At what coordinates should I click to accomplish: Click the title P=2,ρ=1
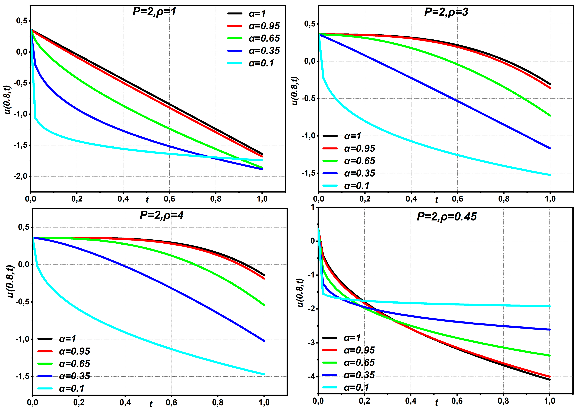[x=154, y=12]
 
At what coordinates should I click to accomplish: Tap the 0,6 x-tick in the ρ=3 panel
[x=457, y=199]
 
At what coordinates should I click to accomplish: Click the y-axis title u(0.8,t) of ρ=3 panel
[x=294, y=91]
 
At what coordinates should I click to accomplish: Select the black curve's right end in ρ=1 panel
[x=262, y=154]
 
